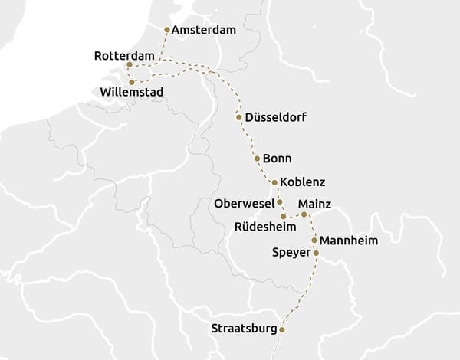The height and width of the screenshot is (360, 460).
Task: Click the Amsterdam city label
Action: [x=204, y=30]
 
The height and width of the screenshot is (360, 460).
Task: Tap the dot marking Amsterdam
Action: [x=167, y=30]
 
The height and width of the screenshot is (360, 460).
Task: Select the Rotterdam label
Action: [x=123, y=56]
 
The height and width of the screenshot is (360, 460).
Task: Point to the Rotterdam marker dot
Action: [x=130, y=65]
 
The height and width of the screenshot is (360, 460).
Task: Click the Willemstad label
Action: [x=131, y=92]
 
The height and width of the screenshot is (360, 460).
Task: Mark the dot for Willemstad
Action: [x=132, y=82]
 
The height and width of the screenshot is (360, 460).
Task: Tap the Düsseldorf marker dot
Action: [x=239, y=117]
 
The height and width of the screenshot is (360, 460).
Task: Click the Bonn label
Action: [x=277, y=158]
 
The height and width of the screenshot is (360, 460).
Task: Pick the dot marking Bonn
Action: [x=256, y=158]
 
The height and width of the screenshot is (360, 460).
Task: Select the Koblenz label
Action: [x=303, y=182]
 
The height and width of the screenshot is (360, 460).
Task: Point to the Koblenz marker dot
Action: [x=274, y=182]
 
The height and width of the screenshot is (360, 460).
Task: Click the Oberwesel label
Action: [x=244, y=204]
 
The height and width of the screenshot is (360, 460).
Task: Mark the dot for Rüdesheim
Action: [x=284, y=218]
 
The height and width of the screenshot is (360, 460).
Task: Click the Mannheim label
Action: [x=349, y=241]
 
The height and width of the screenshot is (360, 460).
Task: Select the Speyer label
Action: [x=291, y=252]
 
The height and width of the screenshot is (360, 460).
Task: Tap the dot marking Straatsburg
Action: [x=282, y=329]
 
